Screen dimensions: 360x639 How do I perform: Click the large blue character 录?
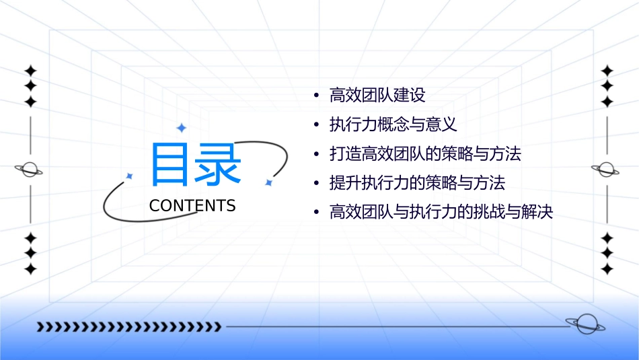(219, 164)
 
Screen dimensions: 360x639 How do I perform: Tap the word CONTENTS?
(192, 206)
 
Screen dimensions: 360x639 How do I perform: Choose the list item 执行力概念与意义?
(393, 125)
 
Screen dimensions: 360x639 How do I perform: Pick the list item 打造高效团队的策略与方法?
(425, 154)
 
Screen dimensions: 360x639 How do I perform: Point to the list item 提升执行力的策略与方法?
(417, 183)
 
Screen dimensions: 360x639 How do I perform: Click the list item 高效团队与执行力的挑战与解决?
(441, 213)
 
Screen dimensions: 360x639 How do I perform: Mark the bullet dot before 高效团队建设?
(317, 96)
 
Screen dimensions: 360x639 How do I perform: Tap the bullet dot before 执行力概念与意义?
(317, 126)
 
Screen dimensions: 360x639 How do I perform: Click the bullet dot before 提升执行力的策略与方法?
(317, 184)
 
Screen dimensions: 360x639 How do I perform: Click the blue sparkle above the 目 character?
(181, 128)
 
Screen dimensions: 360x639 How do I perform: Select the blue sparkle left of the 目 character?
(130, 176)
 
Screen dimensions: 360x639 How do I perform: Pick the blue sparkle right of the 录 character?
(268, 182)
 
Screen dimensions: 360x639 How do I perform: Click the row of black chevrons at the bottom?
(128, 327)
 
